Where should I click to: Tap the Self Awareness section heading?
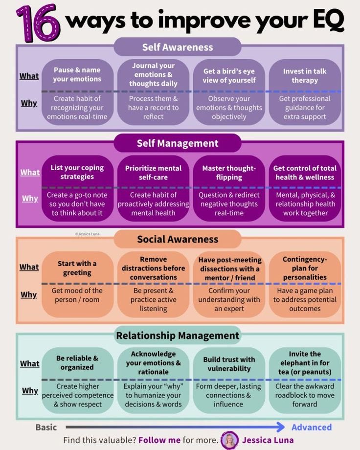pyautogui.click(x=178, y=47)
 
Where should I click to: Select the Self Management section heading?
pyautogui.click(x=178, y=143)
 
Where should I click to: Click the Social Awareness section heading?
pyautogui.click(x=178, y=239)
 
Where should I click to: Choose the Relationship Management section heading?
pyautogui.click(x=178, y=336)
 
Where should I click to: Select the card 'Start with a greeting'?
pyautogui.click(x=77, y=284)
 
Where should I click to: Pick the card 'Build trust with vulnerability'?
pyautogui.click(x=229, y=381)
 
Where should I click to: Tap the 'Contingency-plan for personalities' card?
pyautogui.click(x=305, y=284)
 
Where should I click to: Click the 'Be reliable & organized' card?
pyautogui.click(x=77, y=381)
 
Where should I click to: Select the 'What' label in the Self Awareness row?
pyautogui.click(x=29, y=76)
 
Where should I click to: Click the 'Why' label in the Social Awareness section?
pyautogui.click(x=29, y=294)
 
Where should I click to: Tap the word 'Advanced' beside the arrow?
pyautogui.click(x=312, y=427)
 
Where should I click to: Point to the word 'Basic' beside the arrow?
pyautogui.click(x=46, y=427)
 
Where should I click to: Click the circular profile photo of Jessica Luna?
pyautogui.click(x=229, y=440)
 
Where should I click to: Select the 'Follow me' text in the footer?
pyautogui.click(x=159, y=440)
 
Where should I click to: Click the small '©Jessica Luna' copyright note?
pyautogui.click(x=89, y=234)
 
